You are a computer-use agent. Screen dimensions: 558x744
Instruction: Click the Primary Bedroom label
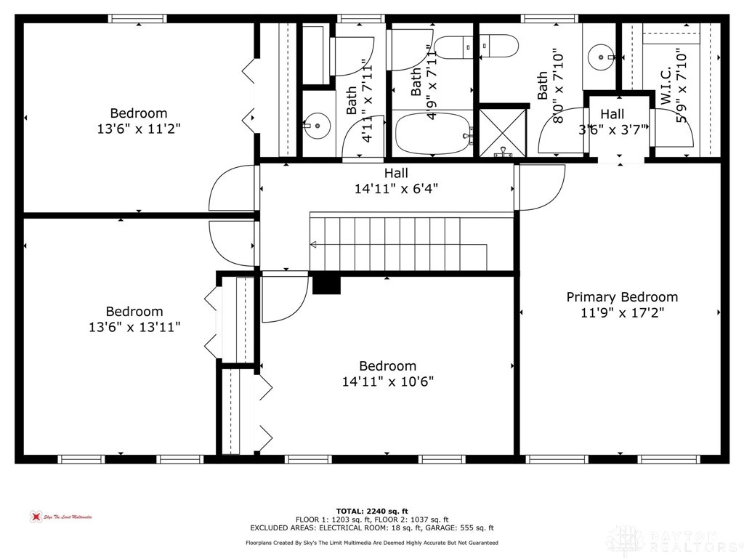pyautogui.click(x=622, y=297)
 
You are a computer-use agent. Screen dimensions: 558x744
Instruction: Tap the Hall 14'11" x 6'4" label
pyautogui.click(x=396, y=173)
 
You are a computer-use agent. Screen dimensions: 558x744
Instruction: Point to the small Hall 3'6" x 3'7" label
pyautogui.click(x=612, y=114)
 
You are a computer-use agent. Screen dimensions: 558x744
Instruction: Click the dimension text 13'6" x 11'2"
pyautogui.click(x=138, y=129)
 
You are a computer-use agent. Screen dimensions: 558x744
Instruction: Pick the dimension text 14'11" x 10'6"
pyautogui.click(x=388, y=381)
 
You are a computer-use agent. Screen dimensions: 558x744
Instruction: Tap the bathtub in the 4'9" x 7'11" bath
pyautogui.click(x=433, y=134)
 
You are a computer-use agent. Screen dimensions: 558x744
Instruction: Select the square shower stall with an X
pyautogui.click(x=503, y=132)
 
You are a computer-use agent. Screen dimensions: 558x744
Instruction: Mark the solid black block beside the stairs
pyautogui.click(x=326, y=283)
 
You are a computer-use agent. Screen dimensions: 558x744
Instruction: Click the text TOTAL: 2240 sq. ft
pyautogui.click(x=371, y=510)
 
